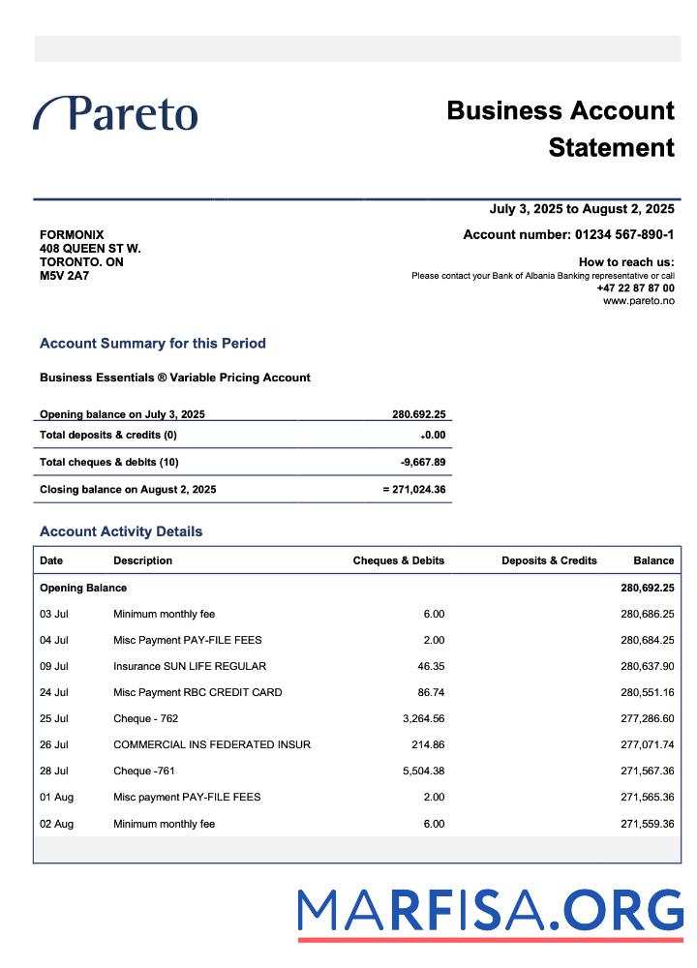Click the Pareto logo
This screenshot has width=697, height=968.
[x=116, y=113]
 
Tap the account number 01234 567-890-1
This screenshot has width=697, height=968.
[x=624, y=234]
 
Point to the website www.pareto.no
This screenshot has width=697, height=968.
[x=638, y=301]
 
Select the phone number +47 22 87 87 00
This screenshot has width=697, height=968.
[x=635, y=288]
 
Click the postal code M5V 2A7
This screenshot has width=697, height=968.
[x=64, y=276]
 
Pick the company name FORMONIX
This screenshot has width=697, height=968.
[x=72, y=235]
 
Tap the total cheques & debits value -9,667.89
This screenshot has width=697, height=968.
[x=423, y=463]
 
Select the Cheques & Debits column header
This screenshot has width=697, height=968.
[x=398, y=560]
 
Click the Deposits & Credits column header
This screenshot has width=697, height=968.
[x=549, y=560]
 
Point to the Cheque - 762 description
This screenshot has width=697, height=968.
[x=146, y=719]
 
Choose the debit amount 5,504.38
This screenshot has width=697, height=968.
[x=423, y=771]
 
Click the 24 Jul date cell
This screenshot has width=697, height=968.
[x=54, y=693]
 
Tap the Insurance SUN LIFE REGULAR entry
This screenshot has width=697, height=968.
[x=190, y=667]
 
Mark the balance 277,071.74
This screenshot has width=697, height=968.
[x=647, y=745]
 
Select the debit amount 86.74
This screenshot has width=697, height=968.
[x=428, y=693]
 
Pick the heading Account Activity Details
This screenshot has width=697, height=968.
[x=121, y=531]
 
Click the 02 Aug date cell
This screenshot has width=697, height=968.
[x=56, y=825]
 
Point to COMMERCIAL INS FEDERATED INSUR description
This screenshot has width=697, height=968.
[x=212, y=745]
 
